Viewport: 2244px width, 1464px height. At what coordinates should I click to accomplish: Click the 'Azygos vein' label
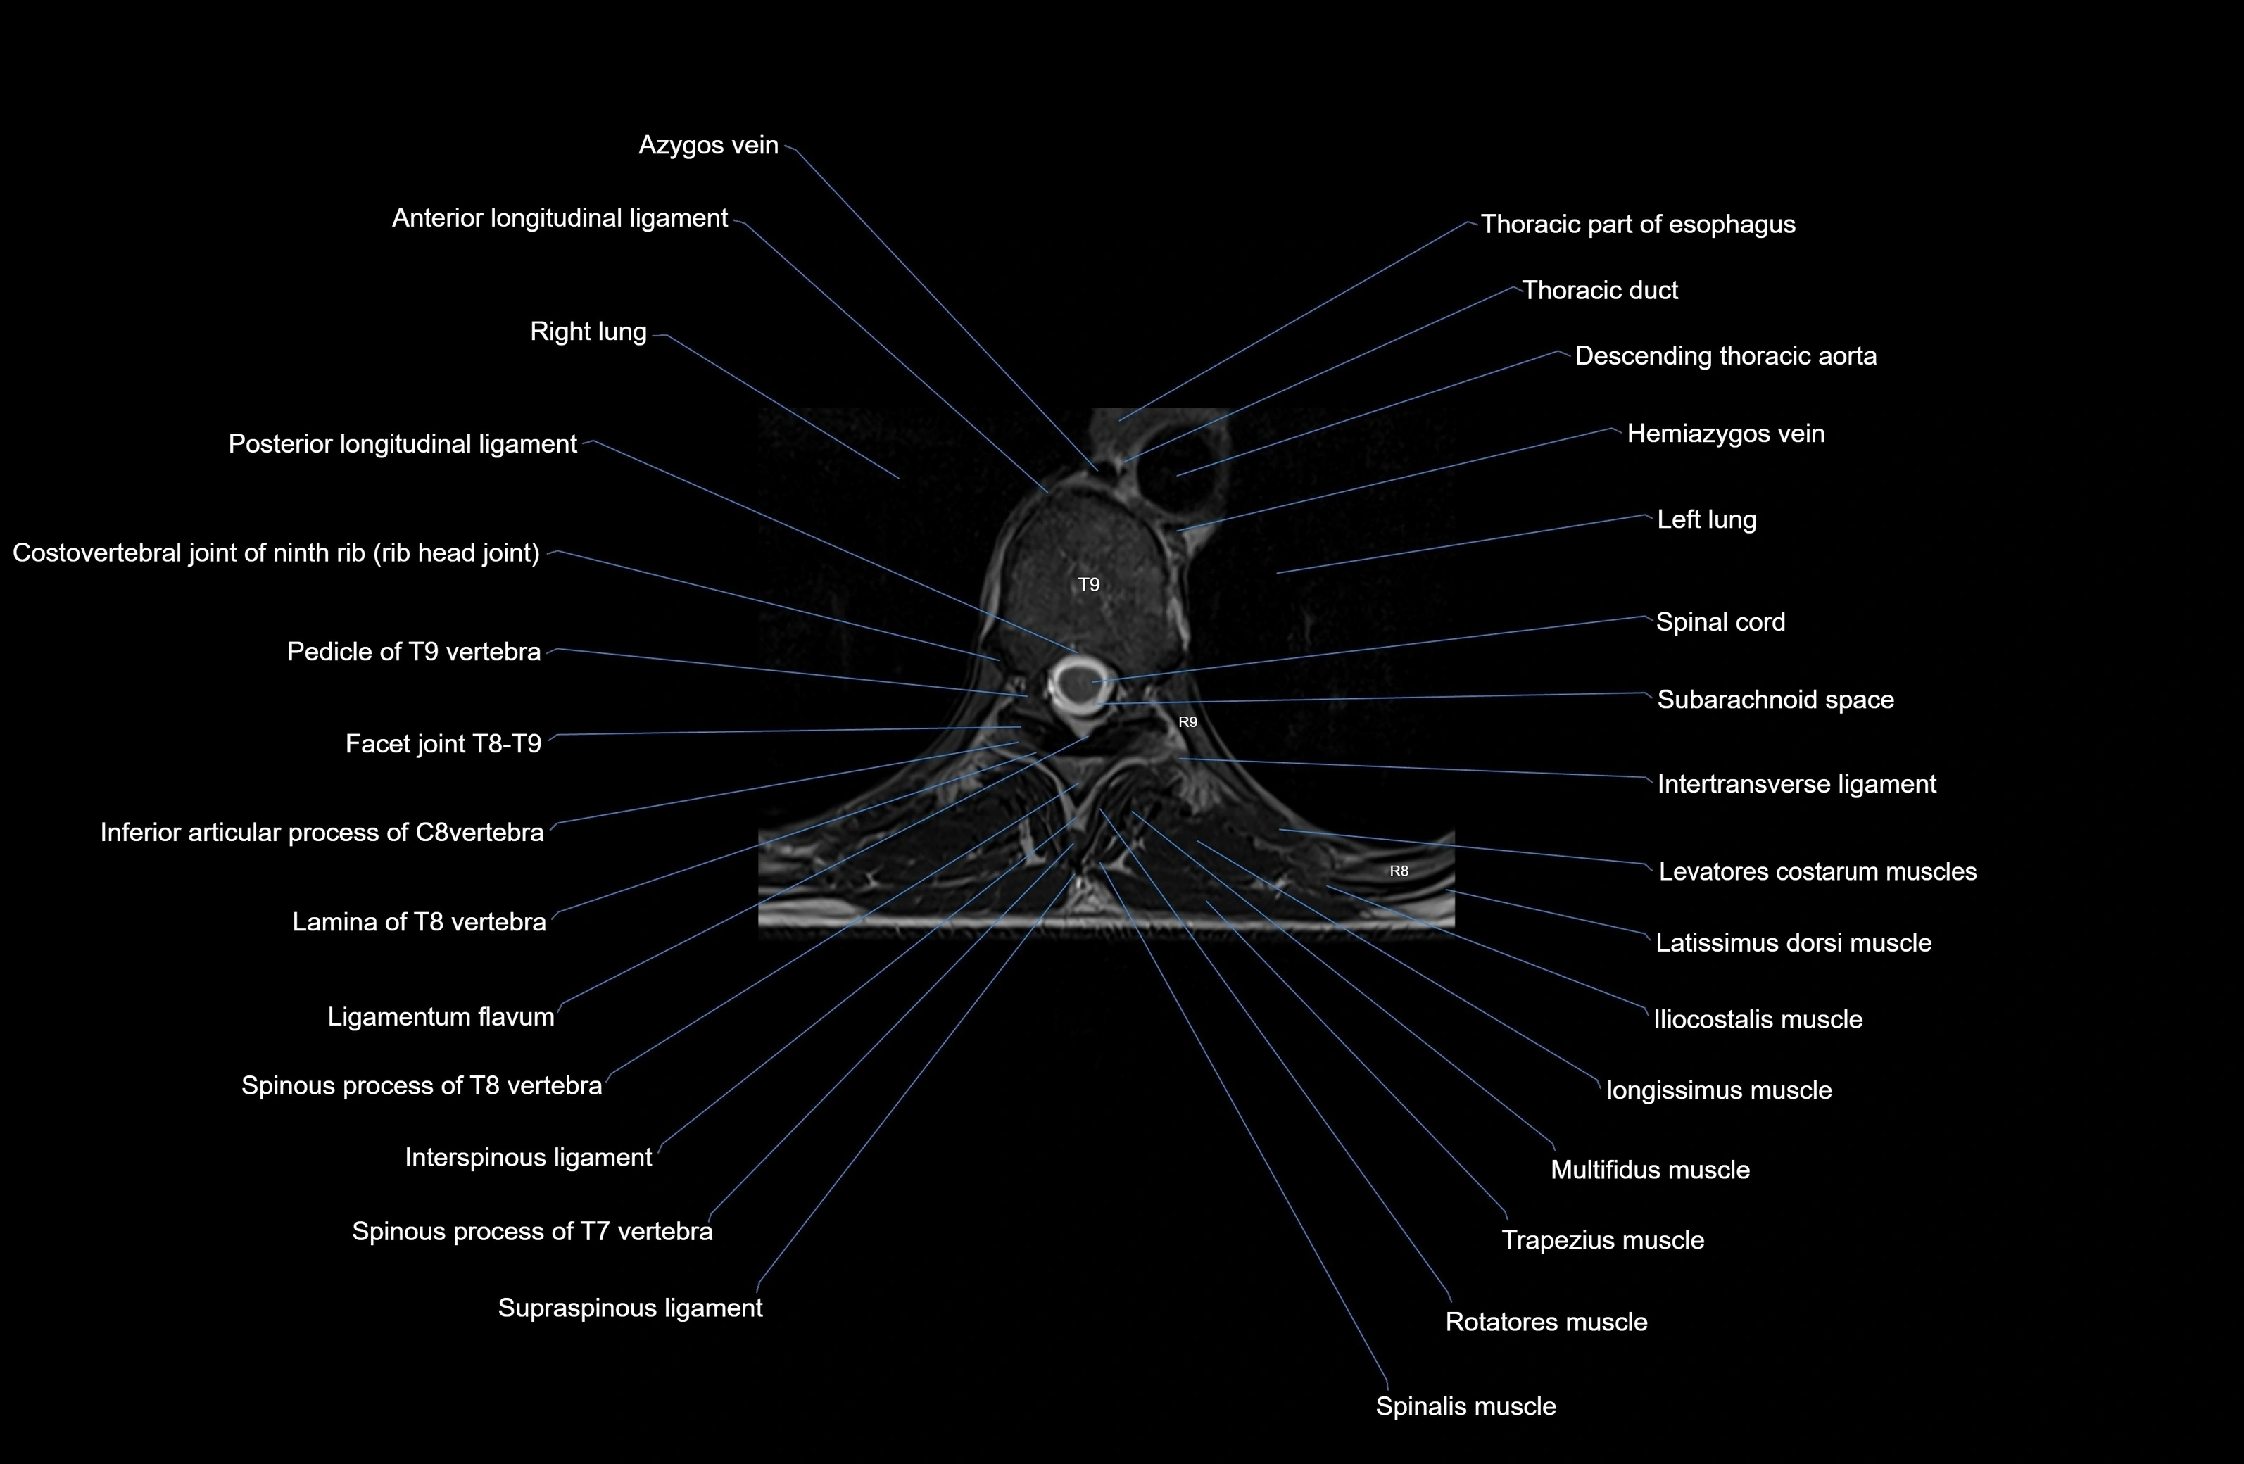click(708, 145)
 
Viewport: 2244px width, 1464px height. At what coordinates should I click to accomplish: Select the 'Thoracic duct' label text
click(1599, 291)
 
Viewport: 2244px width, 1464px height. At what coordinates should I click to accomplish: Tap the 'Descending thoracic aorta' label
click(1725, 356)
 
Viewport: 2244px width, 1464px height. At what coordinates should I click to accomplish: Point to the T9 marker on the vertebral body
click(1089, 584)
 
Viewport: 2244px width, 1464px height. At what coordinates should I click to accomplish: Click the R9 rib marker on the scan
click(1188, 722)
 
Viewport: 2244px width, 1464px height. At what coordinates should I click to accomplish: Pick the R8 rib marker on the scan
click(1399, 871)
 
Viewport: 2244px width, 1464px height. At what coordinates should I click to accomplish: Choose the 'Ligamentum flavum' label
click(441, 1017)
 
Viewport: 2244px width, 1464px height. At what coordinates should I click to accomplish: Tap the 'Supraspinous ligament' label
click(630, 1308)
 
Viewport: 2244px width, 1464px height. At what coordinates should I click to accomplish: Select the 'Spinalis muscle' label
click(1465, 1406)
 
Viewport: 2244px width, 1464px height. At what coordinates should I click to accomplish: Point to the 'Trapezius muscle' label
click(1602, 1241)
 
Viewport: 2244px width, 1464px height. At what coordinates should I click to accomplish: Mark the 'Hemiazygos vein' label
click(1725, 434)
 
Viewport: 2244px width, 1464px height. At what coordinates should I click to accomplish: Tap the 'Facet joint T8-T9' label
click(443, 745)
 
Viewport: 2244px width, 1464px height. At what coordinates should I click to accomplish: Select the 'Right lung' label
click(588, 332)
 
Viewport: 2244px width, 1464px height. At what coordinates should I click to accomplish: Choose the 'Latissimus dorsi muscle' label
click(1794, 942)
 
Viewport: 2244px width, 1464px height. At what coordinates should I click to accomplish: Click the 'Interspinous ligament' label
click(528, 1158)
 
